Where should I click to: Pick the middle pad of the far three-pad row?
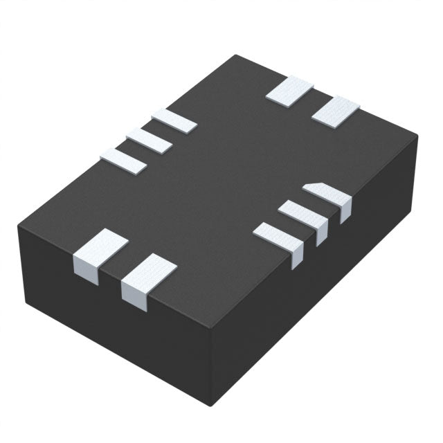(x=149, y=140)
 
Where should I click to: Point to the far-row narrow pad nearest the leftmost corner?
(x=123, y=161)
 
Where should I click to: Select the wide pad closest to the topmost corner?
(x=289, y=91)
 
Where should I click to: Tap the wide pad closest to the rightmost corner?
(x=336, y=111)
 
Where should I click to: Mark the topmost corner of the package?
(x=236, y=55)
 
